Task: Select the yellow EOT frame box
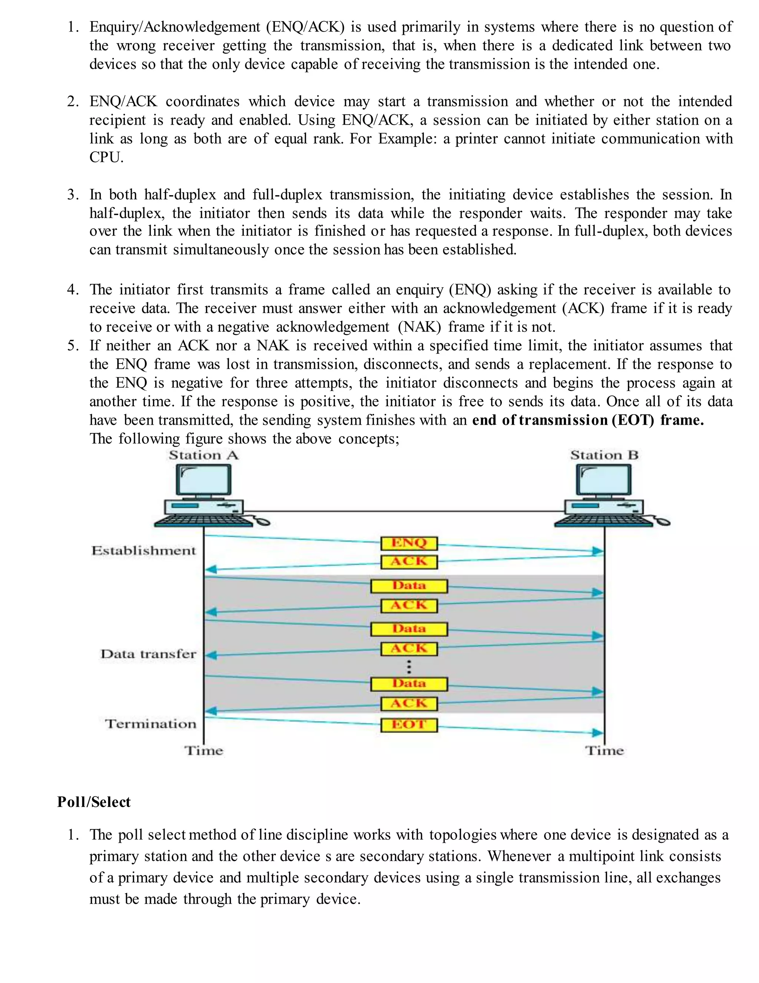click(409, 725)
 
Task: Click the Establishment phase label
click(144, 551)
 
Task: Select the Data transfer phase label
click(148, 654)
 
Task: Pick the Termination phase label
click(150, 724)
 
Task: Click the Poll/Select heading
click(93, 802)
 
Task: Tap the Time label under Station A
click(204, 751)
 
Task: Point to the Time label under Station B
click(604, 751)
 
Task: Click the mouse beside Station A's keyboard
click(262, 521)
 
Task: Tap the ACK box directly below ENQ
click(409, 562)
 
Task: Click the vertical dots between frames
click(409, 667)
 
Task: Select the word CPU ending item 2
click(106, 158)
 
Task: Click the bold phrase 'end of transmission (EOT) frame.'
click(588, 420)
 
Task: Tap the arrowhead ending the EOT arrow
click(598, 733)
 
